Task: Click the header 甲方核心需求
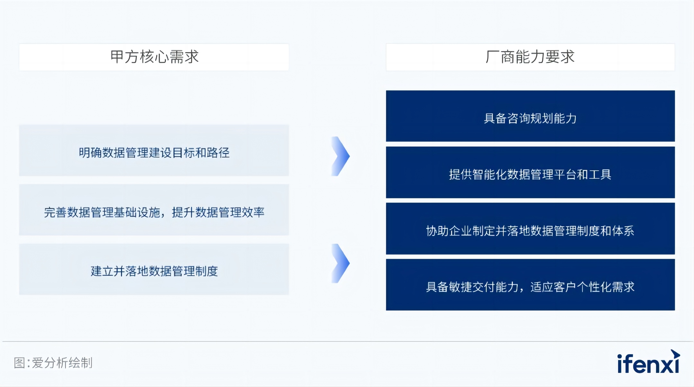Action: click(154, 57)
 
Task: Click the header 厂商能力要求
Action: click(530, 57)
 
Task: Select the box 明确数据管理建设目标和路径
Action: click(154, 150)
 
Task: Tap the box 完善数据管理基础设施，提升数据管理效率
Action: click(154, 210)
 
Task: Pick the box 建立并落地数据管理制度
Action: click(154, 269)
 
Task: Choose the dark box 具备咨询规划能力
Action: click(530, 116)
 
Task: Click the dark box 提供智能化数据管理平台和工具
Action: click(530, 172)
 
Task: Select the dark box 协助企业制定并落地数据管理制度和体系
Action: click(530, 229)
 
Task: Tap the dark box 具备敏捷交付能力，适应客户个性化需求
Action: click(530, 285)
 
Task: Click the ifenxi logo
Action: click(648, 362)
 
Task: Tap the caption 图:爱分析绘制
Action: click(53, 363)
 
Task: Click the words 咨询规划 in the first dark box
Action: click(530, 119)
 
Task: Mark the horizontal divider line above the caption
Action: click(348, 341)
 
